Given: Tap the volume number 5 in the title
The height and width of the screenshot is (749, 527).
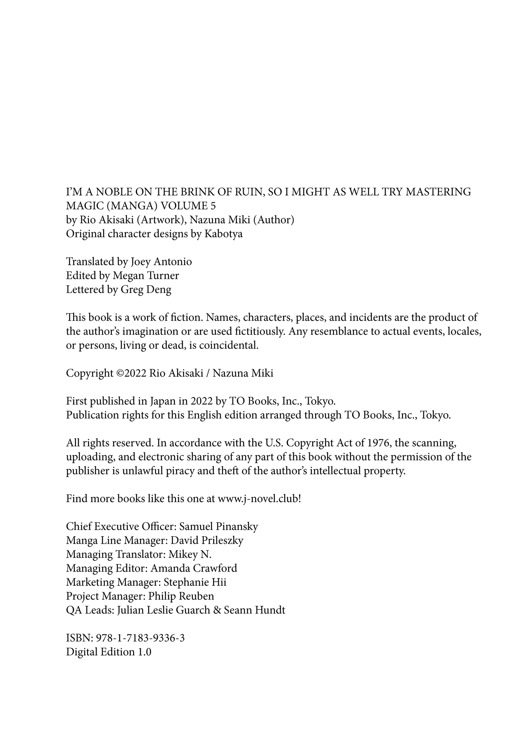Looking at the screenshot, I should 213,206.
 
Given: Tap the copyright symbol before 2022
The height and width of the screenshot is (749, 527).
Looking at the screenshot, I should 120,373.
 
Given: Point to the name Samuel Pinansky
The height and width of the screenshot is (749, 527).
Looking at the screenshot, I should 219,526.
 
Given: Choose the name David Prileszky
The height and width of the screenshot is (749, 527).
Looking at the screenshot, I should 207,540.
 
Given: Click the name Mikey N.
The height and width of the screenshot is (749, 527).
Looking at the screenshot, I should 190,554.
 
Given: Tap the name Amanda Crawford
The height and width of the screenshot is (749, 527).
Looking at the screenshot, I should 194,568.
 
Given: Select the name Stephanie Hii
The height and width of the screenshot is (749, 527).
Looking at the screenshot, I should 195,582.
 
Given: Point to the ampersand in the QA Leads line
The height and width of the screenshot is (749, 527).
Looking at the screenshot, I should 217,610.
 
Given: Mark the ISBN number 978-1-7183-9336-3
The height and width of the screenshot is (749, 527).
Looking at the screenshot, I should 140,638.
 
